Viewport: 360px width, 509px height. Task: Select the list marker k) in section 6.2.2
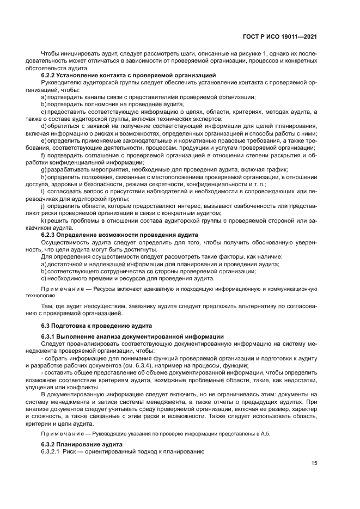(44, 220)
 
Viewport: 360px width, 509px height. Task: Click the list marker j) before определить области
(43, 206)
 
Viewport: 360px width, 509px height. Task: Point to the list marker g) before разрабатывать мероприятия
(44, 171)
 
